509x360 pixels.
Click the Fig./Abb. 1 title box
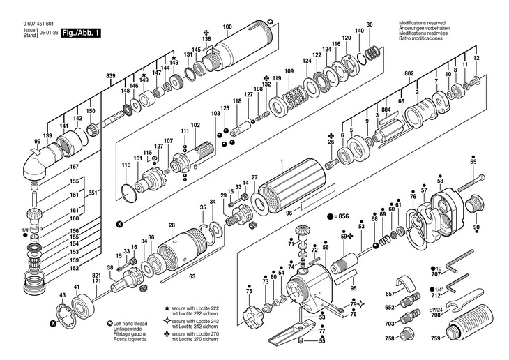click(x=81, y=33)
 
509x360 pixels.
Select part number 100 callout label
click(x=227, y=27)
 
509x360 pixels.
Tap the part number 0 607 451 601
click(x=38, y=24)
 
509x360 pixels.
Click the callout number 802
click(x=409, y=73)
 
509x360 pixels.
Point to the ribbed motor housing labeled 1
click(x=292, y=186)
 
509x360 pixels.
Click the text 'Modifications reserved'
click(x=422, y=23)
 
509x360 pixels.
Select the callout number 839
click(x=111, y=76)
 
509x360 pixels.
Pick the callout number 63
click(x=192, y=276)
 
